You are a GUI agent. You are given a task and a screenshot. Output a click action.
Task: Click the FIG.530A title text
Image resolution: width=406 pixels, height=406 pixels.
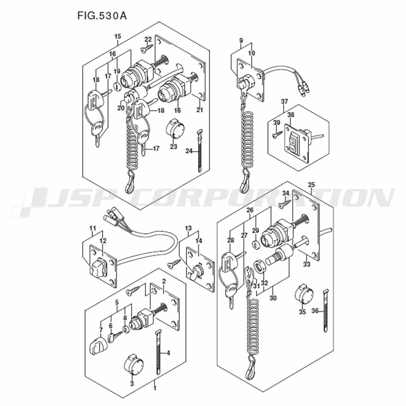tap(102, 15)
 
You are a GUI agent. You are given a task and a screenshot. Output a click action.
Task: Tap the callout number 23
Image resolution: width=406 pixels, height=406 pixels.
tap(173, 147)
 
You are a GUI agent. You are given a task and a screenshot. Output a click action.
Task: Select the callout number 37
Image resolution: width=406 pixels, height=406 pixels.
tap(284, 101)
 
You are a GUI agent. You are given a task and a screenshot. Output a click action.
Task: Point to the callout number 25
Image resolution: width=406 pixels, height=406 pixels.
tap(311, 185)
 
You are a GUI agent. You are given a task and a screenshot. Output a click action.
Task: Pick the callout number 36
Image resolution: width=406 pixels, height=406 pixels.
tap(315, 311)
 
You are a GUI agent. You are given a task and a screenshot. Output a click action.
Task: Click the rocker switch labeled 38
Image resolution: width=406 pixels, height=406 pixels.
tap(294, 142)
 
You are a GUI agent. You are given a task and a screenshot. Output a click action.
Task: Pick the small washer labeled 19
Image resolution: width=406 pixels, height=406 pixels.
tap(117, 86)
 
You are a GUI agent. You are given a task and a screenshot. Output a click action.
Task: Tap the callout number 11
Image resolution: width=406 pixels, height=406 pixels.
tap(93, 228)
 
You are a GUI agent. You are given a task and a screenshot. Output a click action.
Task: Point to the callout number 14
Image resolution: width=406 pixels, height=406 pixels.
tap(199, 241)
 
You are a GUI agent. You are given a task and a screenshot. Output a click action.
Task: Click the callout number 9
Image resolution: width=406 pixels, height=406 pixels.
tap(241, 40)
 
